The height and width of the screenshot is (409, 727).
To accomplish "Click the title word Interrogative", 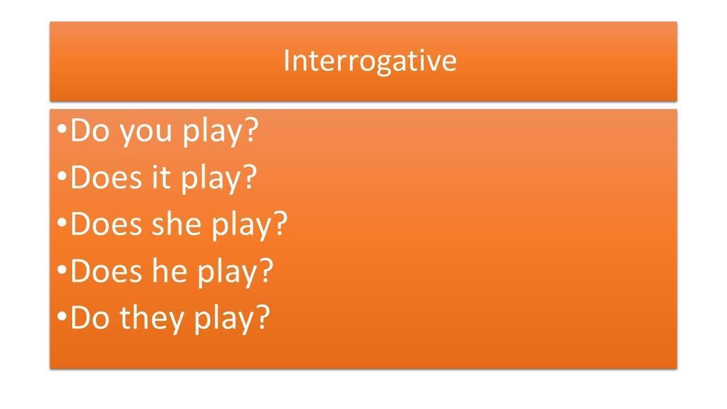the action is (x=370, y=62).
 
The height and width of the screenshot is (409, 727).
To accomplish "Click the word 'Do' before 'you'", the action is (x=90, y=130).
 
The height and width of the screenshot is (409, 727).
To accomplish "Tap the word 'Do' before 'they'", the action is (x=90, y=318).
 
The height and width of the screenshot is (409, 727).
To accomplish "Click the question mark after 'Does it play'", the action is (x=249, y=176).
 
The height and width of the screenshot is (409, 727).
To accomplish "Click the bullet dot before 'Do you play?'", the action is (x=62, y=129).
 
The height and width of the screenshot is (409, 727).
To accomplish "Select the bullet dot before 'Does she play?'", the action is (x=62, y=223).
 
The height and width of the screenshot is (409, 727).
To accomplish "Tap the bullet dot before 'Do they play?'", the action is (x=62, y=316).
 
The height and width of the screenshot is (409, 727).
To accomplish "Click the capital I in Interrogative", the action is (x=286, y=60).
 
